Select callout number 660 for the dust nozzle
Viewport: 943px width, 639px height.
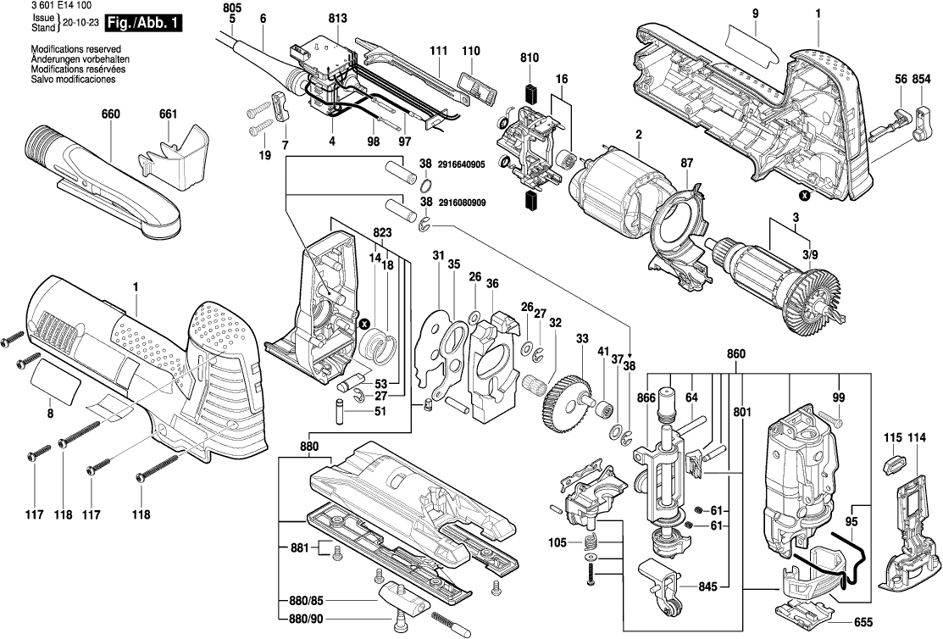click(x=110, y=114)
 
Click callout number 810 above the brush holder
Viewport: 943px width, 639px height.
click(x=530, y=58)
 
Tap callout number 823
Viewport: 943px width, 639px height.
click(x=382, y=232)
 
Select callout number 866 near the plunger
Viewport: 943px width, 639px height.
click(x=646, y=397)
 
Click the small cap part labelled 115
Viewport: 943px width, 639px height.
click(x=892, y=464)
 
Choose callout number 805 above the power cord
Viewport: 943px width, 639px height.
click(x=233, y=8)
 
